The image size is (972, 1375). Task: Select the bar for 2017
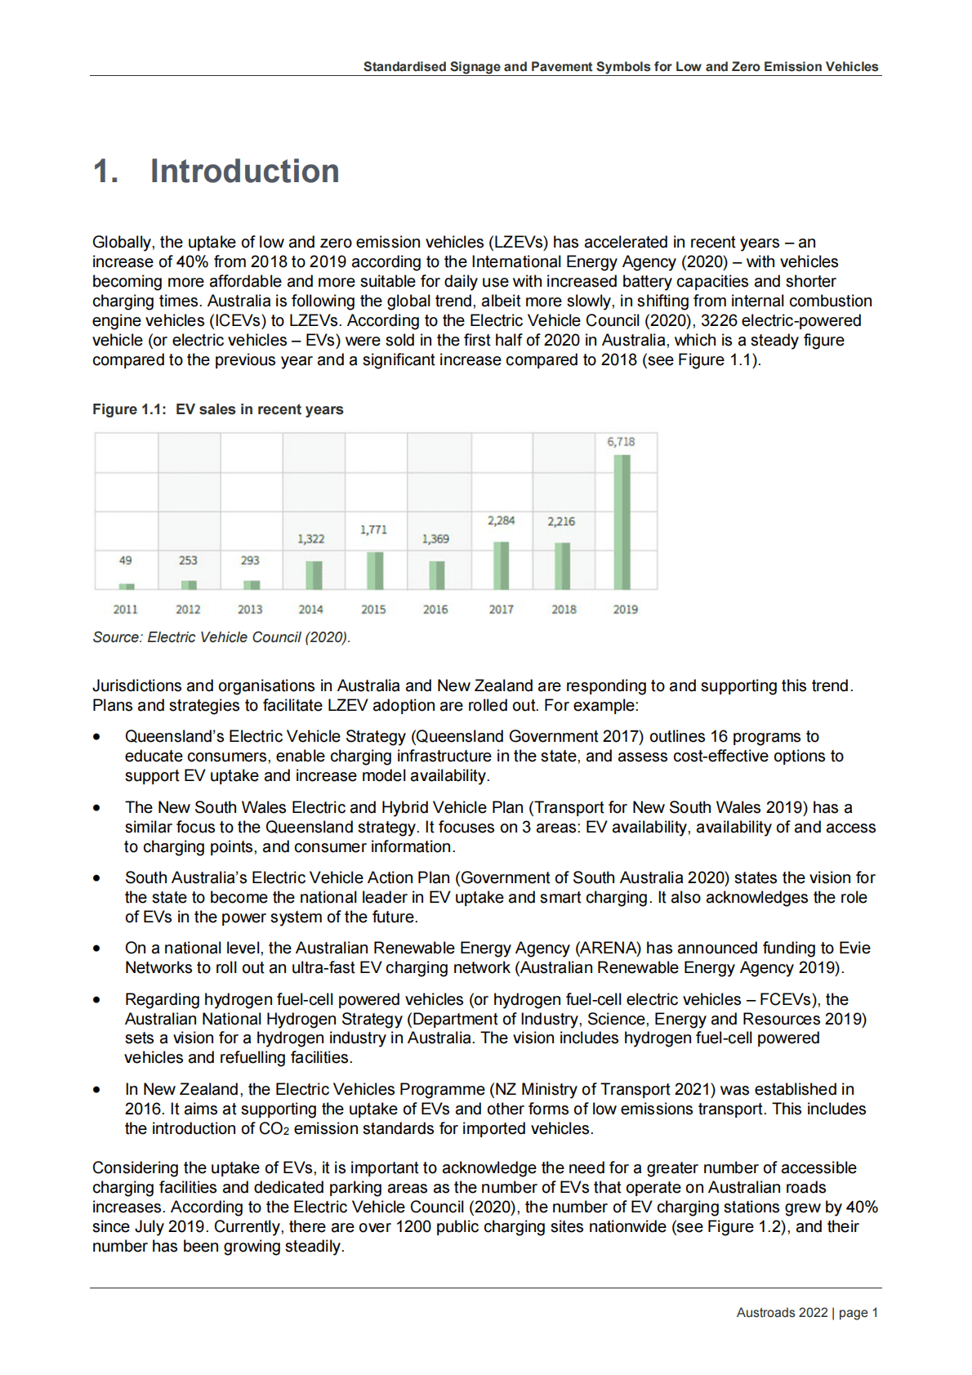(x=502, y=565)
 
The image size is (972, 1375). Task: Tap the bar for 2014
(x=314, y=574)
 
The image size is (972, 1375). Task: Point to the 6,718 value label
(x=621, y=442)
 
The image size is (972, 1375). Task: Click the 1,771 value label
(x=373, y=530)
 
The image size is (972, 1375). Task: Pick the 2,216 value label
(x=561, y=521)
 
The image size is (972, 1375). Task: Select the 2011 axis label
(x=126, y=609)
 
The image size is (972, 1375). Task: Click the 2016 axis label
(x=435, y=609)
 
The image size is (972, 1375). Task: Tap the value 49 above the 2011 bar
(x=126, y=560)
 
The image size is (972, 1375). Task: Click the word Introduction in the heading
(x=244, y=172)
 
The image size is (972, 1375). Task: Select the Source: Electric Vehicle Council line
(x=221, y=637)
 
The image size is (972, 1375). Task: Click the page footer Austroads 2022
(x=782, y=1313)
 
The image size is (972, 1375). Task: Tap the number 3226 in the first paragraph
(x=719, y=321)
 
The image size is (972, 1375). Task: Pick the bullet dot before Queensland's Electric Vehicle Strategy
(x=97, y=737)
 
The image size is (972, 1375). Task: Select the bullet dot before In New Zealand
(x=97, y=1090)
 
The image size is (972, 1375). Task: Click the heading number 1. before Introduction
(x=106, y=172)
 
